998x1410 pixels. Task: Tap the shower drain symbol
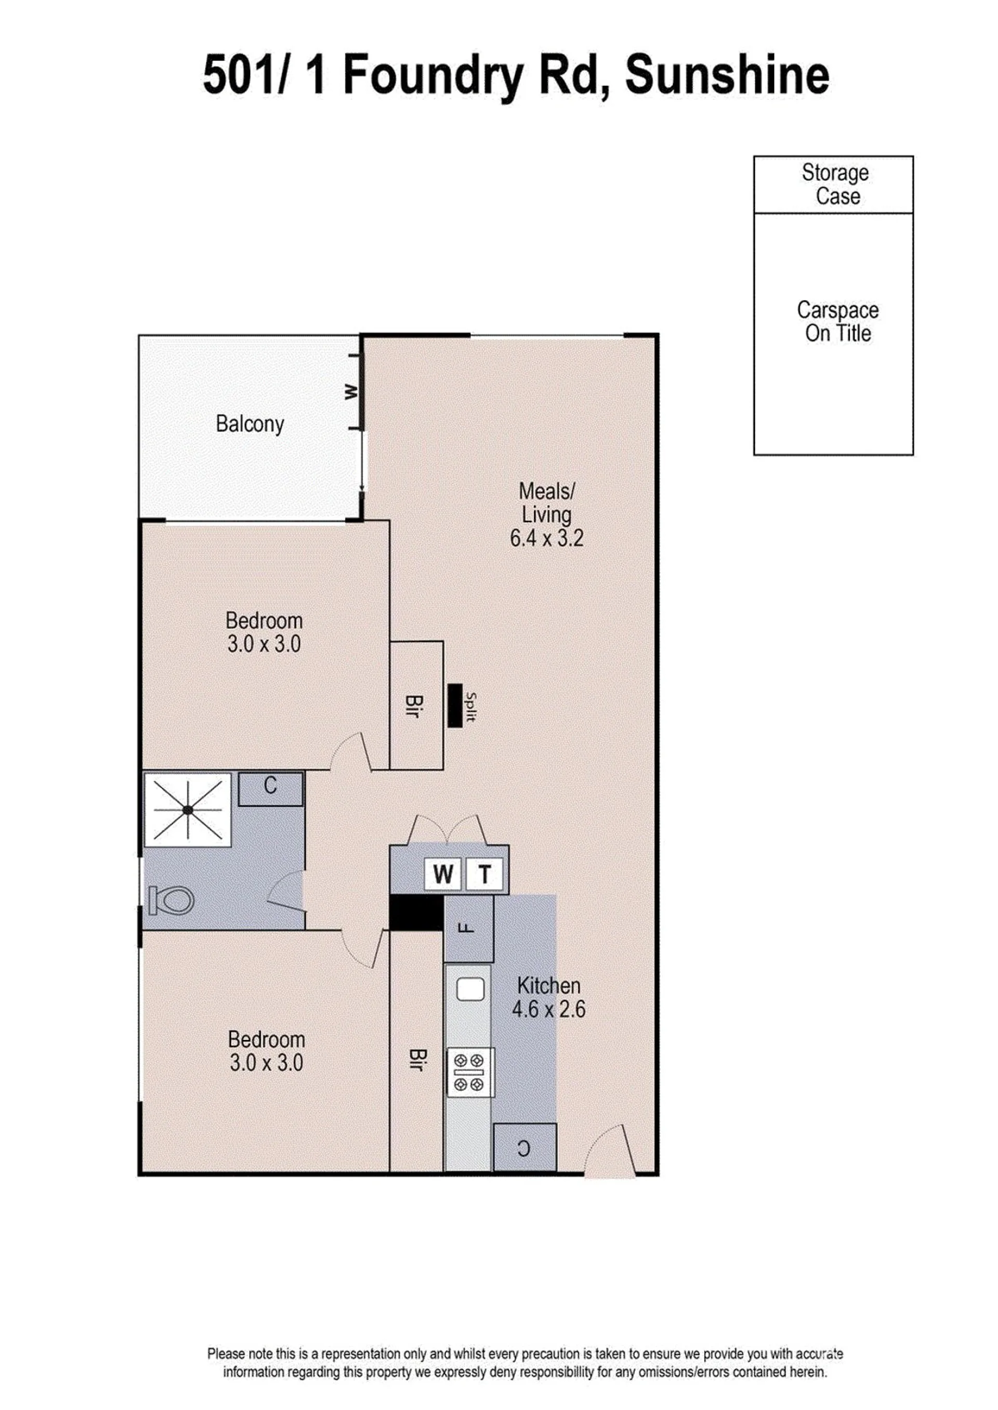click(x=188, y=810)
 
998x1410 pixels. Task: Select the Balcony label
click(x=249, y=425)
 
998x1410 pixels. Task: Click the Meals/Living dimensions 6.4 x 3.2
click(x=546, y=539)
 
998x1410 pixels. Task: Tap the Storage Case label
click(x=835, y=185)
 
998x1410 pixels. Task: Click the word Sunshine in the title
click(x=727, y=75)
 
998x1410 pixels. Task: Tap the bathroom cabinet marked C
click(x=270, y=789)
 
